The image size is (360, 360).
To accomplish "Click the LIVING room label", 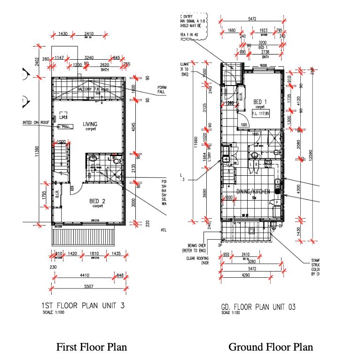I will (90, 125).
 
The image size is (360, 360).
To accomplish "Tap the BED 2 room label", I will (97, 201).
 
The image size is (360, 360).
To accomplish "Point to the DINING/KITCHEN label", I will (253, 192).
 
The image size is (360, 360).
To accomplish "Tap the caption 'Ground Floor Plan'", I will (270, 347).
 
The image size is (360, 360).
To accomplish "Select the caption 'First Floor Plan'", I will (92, 347).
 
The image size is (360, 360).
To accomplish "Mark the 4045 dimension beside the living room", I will (136, 126).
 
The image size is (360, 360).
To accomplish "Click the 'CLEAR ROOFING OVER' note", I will (197, 260).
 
